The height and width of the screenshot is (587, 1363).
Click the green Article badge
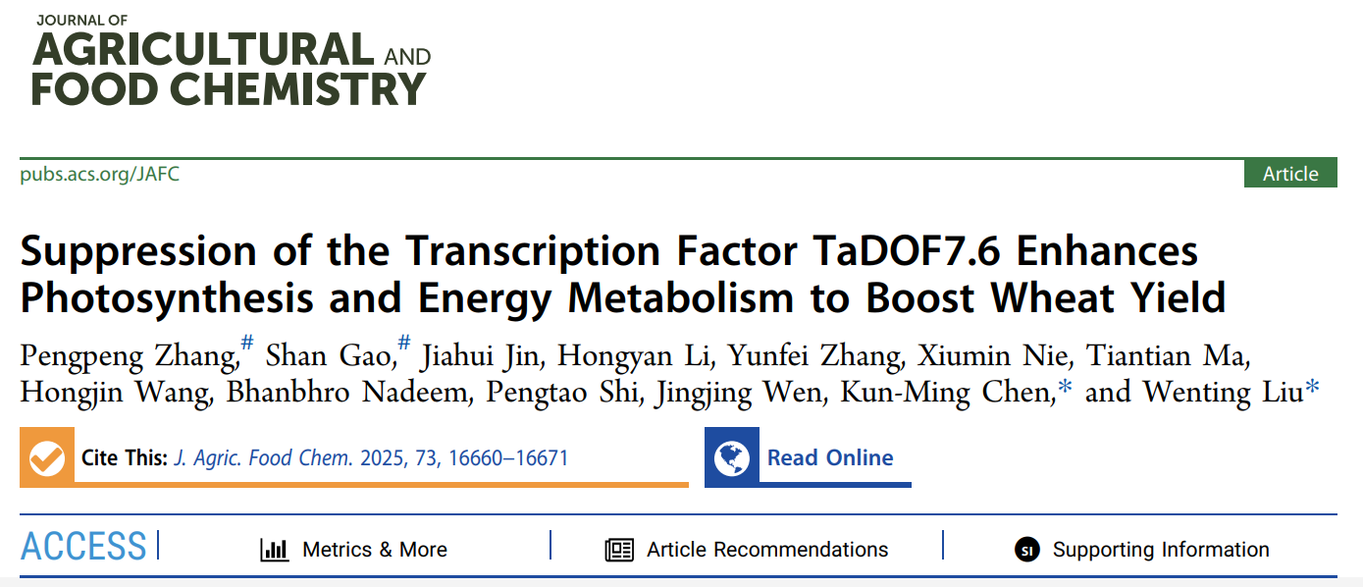1289,174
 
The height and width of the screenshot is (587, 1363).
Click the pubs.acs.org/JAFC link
99,174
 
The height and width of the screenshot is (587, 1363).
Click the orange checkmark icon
47,457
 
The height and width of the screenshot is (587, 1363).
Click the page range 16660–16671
508,458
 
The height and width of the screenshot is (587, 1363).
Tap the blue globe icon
732,457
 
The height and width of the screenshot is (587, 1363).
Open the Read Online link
830,458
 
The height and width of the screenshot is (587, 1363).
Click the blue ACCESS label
83,548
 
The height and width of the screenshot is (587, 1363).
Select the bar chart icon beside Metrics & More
274,550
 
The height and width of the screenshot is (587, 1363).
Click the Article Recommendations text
767,550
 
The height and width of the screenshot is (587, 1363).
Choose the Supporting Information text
1161,550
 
